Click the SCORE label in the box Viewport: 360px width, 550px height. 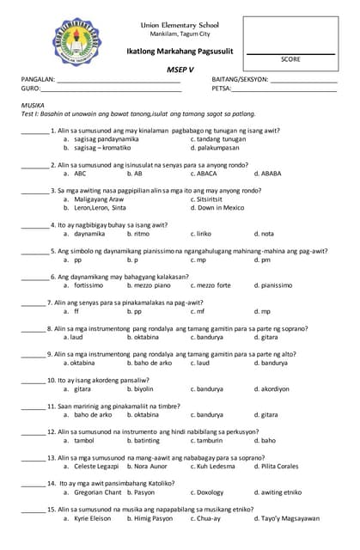(x=290, y=59)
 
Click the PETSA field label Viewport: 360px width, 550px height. (x=221, y=89)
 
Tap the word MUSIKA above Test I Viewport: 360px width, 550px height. (x=32, y=104)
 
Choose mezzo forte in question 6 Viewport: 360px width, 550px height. (x=211, y=284)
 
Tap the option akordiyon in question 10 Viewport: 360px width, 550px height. (x=270, y=388)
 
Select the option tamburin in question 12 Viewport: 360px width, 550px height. (x=211, y=440)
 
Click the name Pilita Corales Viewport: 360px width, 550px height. (x=277, y=466)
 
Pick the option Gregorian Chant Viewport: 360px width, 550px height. (x=98, y=492)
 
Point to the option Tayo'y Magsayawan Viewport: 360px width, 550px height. (x=287, y=518)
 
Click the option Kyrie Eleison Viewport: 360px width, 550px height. (x=93, y=518)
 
